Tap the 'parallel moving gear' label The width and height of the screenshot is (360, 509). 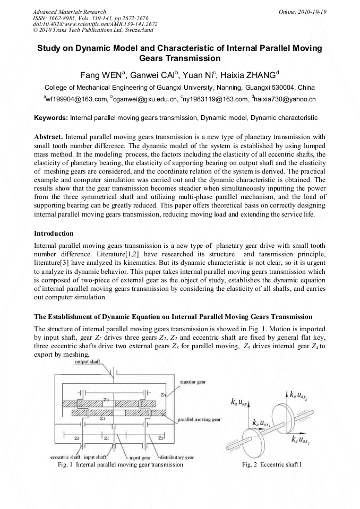pyautogui.click(x=199, y=419)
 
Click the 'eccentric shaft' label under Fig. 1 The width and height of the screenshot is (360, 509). pyautogui.click(x=65, y=457)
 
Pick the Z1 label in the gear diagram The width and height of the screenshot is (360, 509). pyautogui.click(x=107, y=439)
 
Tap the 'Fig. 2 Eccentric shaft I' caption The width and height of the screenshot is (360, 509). pyautogui.click(x=271, y=464)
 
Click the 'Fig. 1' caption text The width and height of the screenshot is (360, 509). pyautogui.click(x=119, y=464)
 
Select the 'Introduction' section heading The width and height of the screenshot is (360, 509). pyautogui.click(x=54, y=233)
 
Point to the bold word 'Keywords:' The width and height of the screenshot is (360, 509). pyautogui.click(x=51, y=117)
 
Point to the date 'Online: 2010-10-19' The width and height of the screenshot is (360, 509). pyautogui.click(x=304, y=11)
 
